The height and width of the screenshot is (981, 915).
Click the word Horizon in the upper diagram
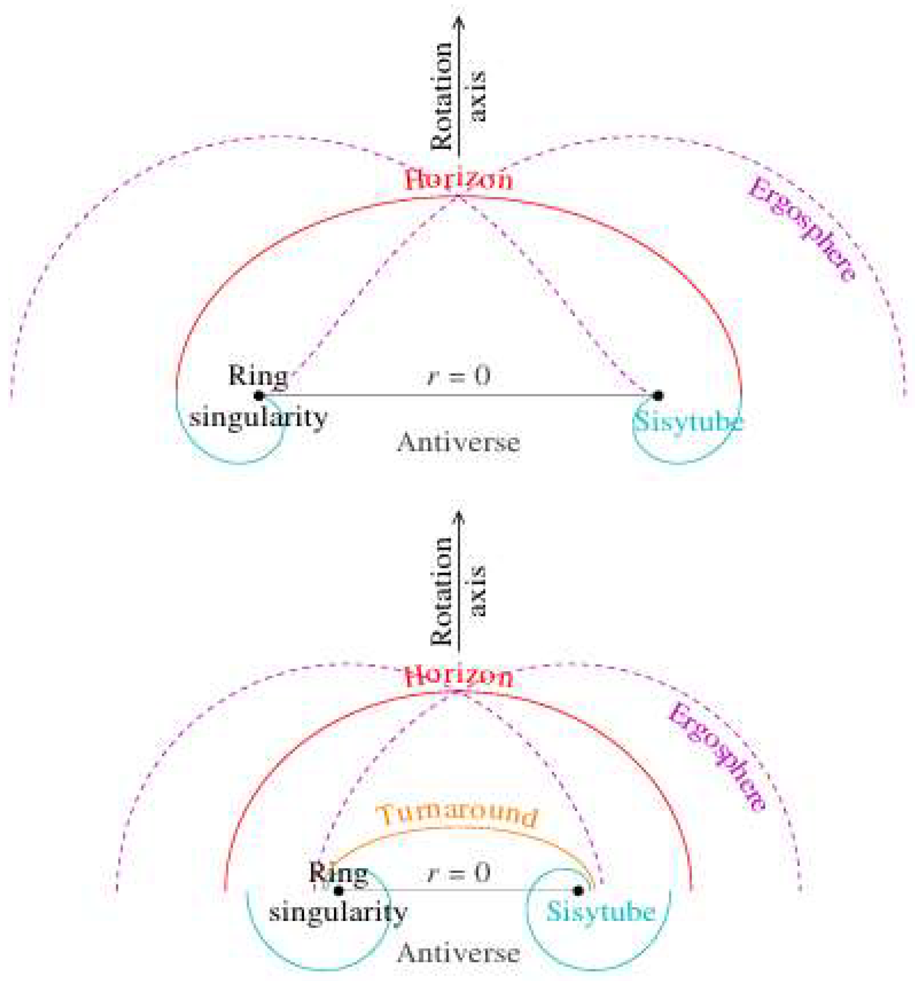pyautogui.click(x=458, y=179)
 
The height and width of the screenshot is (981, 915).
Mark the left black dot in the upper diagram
pyautogui.click(x=258, y=395)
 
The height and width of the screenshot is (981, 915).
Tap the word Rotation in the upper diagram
pyautogui.click(x=442, y=96)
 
